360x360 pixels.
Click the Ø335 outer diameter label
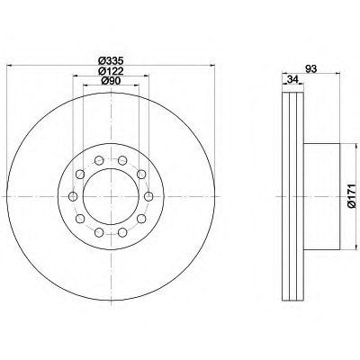click(x=110, y=59)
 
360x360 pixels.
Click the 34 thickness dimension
click(x=292, y=81)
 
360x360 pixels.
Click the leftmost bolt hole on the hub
click(x=73, y=195)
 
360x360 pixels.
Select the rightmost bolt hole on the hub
click(x=147, y=195)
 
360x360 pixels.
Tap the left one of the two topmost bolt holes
click(x=98, y=160)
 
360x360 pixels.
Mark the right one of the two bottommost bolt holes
click(x=121, y=230)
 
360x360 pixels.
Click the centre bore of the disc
click(x=110, y=195)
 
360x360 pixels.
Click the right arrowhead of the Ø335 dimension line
click(x=212, y=65)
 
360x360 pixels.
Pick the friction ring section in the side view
click(x=292, y=195)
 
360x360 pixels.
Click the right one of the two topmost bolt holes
click(x=121, y=160)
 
